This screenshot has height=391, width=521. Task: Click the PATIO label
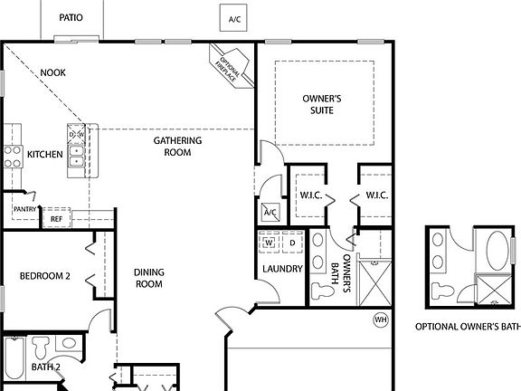coord(71,17)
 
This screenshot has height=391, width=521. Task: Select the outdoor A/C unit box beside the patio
coord(235,18)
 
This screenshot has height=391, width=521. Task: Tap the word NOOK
coord(53,72)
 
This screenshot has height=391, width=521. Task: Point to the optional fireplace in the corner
coord(225,65)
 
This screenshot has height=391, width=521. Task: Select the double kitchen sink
coord(77,156)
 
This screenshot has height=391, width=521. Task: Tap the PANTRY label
coord(25,209)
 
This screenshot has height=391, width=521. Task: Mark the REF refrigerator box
coord(56,218)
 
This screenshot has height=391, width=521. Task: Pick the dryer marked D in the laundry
coord(291,243)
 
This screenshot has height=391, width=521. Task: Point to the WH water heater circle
coord(381,319)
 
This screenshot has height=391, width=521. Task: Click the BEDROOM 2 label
coord(44,276)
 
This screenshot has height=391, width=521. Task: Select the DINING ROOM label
coord(147,278)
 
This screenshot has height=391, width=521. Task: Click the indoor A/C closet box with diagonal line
coord(270,214)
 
